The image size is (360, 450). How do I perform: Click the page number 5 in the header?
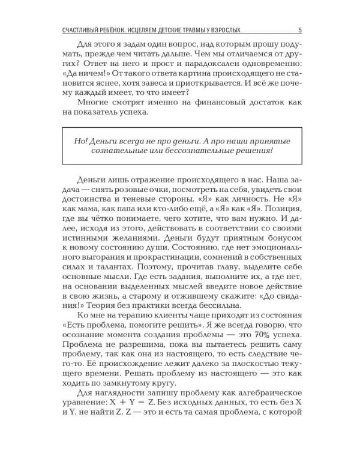299,31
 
